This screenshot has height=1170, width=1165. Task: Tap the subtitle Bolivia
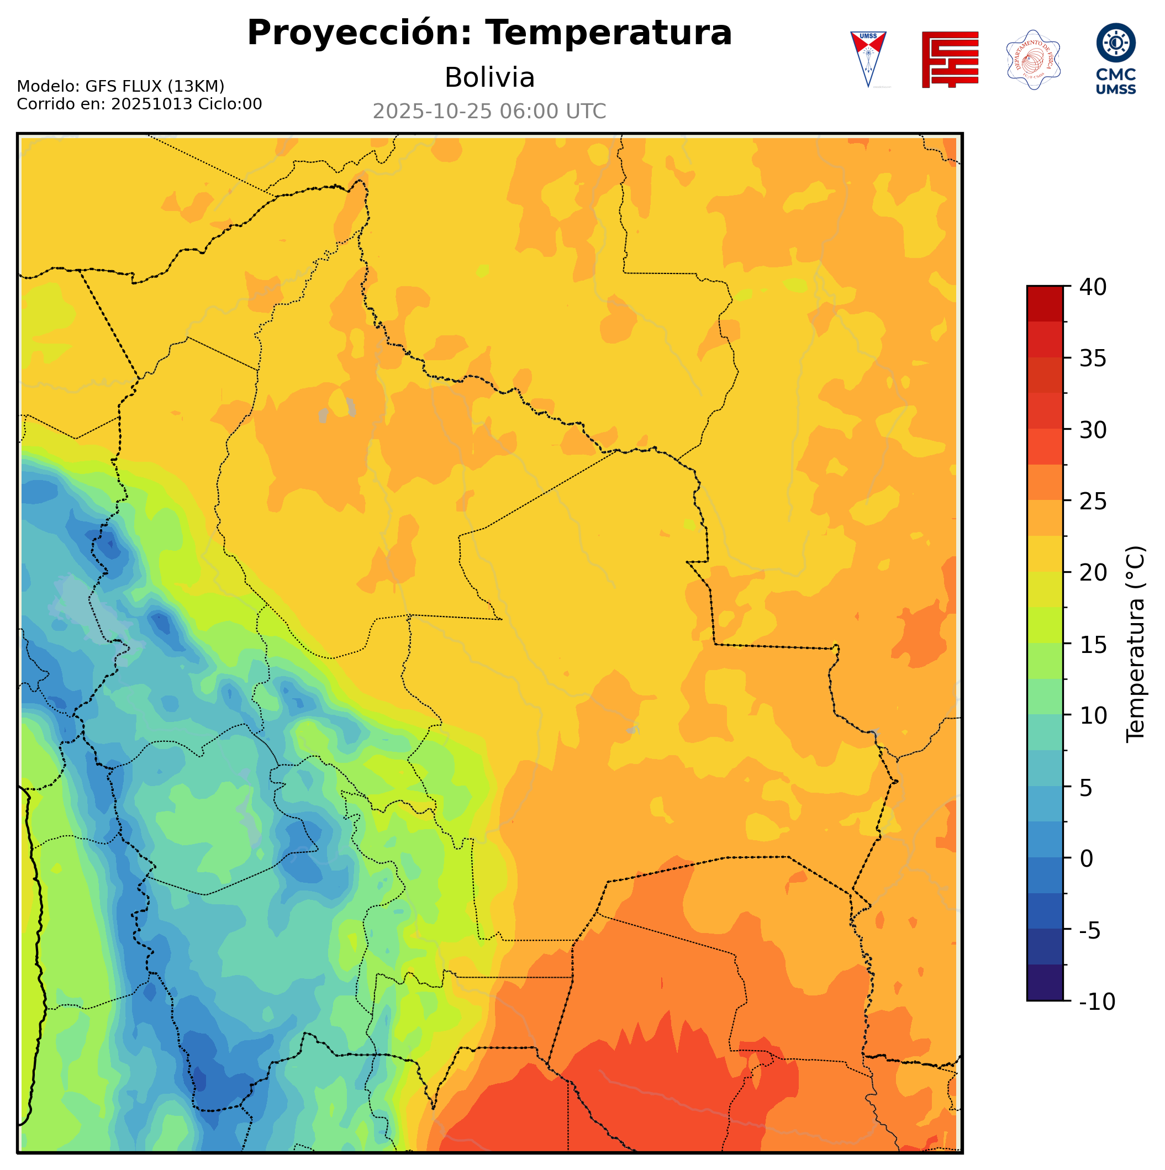coord(489,77)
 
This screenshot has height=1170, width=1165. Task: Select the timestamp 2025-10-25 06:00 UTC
coord(489,112)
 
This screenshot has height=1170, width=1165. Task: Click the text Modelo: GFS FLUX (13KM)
coord(120,87)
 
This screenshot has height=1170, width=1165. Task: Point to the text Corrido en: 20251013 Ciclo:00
coord(139,104)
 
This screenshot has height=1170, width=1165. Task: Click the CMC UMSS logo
coord(1115,59)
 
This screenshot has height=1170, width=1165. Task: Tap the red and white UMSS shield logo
coord(868,59)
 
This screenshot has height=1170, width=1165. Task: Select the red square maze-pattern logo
coord(950,59)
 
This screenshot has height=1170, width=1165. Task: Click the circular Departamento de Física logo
coord(1033,59)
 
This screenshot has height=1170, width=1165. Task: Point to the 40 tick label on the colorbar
coord(1093,287)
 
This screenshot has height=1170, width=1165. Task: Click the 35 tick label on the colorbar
coord(1093,359)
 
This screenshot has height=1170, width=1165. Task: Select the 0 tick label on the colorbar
coord(1087,859)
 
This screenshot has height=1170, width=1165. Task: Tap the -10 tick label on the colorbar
coord(1097,1002)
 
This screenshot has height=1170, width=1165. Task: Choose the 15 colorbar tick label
coord(1093,644)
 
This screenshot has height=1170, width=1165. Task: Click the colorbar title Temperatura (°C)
coord(1135,644)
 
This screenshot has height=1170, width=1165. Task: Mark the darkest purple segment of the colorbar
coord(1045,983)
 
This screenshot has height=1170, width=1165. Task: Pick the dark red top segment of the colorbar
coord(1045,303)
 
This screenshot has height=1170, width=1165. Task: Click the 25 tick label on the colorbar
coord(1093,502)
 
